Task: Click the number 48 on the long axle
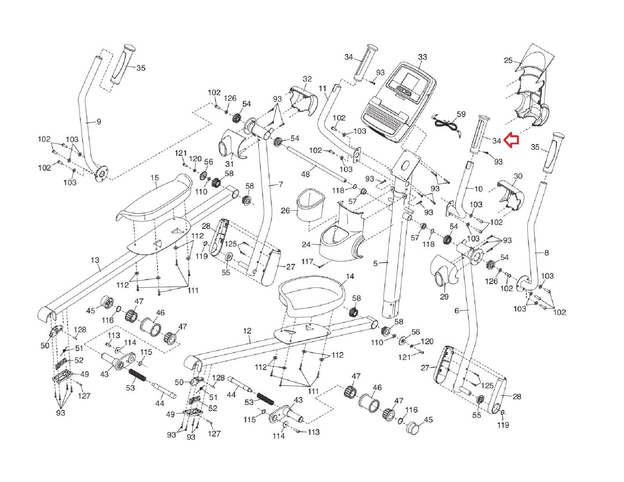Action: point(306,174)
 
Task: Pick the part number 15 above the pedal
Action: point(154,178)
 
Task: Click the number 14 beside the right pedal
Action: point(350,276)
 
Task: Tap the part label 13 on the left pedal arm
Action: point(95,260)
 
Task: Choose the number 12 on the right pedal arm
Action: point(247,331)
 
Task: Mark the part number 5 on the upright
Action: point(375,264)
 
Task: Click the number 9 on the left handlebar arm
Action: point(99,122)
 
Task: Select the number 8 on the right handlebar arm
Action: point(546,253)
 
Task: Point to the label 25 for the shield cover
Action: point(508,60)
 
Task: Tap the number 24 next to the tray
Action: point(306,245)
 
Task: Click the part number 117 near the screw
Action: point(308,261)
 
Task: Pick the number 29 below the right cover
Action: point(444,297)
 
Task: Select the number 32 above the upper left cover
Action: point(307,79)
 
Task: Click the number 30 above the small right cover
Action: point(518,176)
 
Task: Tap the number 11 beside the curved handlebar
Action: point(323,89)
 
